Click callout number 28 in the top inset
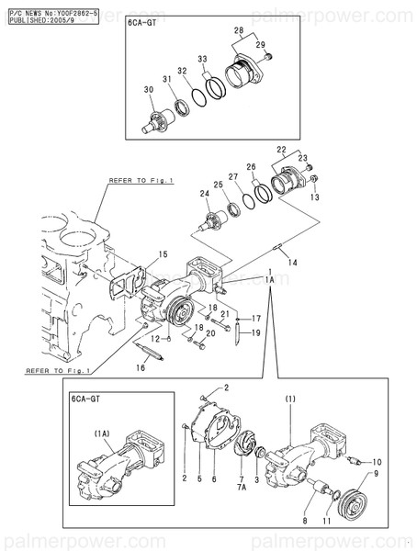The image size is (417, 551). [239, 31]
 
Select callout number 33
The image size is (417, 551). [202, 58]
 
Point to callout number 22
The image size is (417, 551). [280, 149]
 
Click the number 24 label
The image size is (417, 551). [203, 194]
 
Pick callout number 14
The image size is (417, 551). [293, 264]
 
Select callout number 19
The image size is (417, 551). [257, 332]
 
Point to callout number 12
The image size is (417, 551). [155, 339]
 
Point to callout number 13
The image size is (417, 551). [314, 197]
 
